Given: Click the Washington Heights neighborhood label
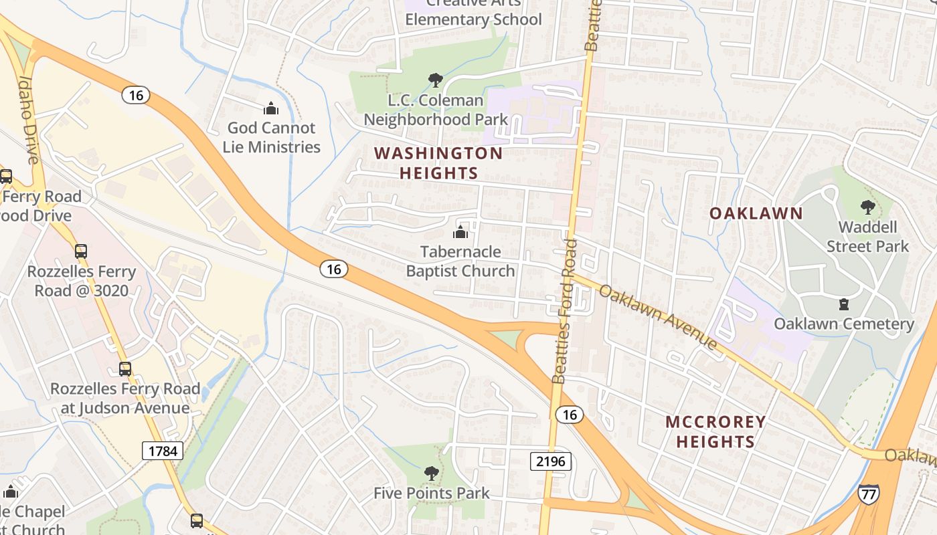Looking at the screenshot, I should pyautogui.click(x=438, y=163).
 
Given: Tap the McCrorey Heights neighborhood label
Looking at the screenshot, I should pyautogui.click(x=715, y=431).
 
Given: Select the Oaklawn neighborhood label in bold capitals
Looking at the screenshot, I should pyautogui.click(x=756, y=213).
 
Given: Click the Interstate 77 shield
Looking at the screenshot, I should pyautogui.click(x=868, y=494).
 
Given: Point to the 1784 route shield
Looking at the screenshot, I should pyautogui.click(x=162, y=451).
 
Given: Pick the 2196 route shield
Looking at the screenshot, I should pyautogui.click(x=551, y=461).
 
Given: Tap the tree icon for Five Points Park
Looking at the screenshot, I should pyautogui.click(x=432, y=473).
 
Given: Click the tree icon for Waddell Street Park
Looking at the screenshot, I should pyautogui.click(x=867, y=207).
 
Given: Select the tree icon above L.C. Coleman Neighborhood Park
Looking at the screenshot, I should pyautogui.click(x=435, y=80).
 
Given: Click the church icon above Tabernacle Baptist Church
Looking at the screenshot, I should pyautogui.click(x=460, y=232).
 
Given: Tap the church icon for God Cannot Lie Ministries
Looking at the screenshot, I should pyautogui.click(x=271, y=108).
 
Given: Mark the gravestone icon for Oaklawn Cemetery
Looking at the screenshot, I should pyautogui.click(x=844, y=304).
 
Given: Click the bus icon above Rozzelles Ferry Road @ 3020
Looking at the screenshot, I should pyautogui.click(x=81, y=251).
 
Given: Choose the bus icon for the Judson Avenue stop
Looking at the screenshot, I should pyautogui.click(x=125, y=368).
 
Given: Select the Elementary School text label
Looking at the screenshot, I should pyautogui.click(x=473, y=19).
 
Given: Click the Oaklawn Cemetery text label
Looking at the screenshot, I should pyautogui.click(x=843, y=324).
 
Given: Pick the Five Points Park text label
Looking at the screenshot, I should pyautogui.click(x=432, y=494).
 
